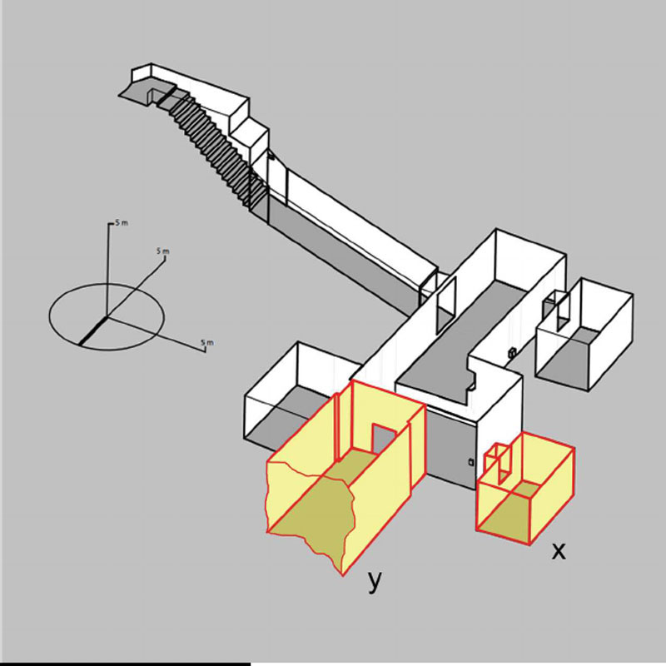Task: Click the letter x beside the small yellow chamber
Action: [559, 551]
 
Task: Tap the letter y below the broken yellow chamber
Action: [374, 581]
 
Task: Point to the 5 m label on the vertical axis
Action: [121, 223]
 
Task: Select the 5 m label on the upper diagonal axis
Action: [163, 251]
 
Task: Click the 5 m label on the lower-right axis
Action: [207, 342]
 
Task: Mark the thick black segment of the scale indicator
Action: [92, 331]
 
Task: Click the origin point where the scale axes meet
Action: [107, 316]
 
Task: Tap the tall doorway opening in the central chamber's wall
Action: [446, 305]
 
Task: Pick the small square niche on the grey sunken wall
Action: [471, 462]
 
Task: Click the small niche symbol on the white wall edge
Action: [513, 352]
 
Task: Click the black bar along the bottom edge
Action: [126, 664]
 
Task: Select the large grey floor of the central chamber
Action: [459, 340]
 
